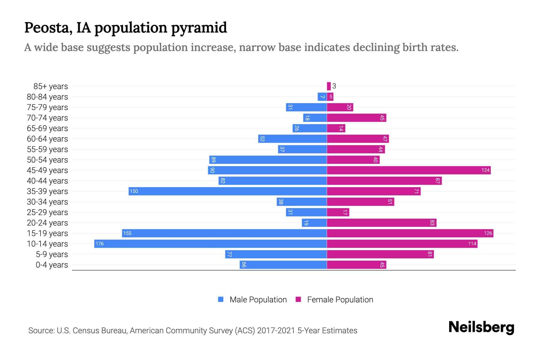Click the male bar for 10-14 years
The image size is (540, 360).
pos(210,244)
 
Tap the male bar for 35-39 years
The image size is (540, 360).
pos(227,191)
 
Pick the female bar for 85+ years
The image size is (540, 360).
pos(329,86)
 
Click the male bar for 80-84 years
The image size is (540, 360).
pos(322,97)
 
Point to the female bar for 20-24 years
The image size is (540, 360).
pos(381,223)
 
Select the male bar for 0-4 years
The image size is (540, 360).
pos(283,265)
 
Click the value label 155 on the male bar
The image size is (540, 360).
pos(127,233)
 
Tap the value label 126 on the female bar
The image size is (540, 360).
pos(488,233)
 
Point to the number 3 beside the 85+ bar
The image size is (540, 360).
pos(334,86)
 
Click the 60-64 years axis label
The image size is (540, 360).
pos(47,139)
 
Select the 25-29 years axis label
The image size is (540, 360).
pos(47,212)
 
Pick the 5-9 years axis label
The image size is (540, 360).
pos(52,254)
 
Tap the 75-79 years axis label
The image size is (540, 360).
pos(47,107)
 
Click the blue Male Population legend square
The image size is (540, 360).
pos(221,299)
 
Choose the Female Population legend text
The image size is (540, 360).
pos(340,299)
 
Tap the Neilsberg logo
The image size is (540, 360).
pos(481,327)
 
